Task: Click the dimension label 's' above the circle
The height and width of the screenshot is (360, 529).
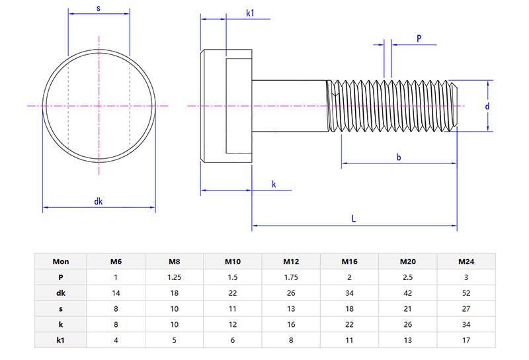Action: click(99, 8)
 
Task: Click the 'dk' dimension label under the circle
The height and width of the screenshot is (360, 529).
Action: click(99, 201)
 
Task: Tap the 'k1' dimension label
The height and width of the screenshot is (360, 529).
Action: click(251, 13)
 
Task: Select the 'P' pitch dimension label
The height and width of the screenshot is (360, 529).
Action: click(419, 38)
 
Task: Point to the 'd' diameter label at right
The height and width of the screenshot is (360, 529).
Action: click(486, 106)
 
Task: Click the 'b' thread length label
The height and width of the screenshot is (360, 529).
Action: click(398, 157)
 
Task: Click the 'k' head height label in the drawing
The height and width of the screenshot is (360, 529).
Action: click(274, 184)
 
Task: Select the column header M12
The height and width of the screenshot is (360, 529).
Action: click(292, 261)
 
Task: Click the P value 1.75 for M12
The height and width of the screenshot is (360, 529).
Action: click(292, 277)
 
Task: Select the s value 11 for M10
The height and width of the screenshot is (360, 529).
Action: click(233, 308)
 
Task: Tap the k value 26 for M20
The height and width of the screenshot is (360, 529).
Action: click(407, 323)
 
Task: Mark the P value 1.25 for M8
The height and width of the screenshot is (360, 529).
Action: click(175, 277)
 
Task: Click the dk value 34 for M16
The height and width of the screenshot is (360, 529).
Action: click(350, 292)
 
